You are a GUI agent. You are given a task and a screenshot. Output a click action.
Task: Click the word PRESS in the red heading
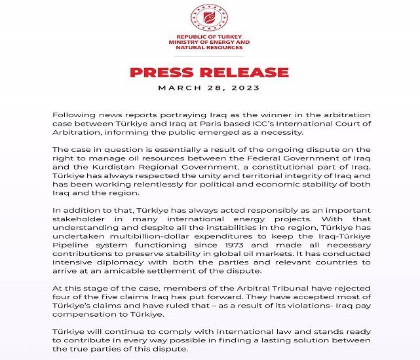tap(161, 72)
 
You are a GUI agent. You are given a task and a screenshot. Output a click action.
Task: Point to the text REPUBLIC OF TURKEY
tap(209, 38)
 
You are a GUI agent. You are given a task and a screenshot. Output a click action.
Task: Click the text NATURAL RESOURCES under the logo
tap(209, 48)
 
